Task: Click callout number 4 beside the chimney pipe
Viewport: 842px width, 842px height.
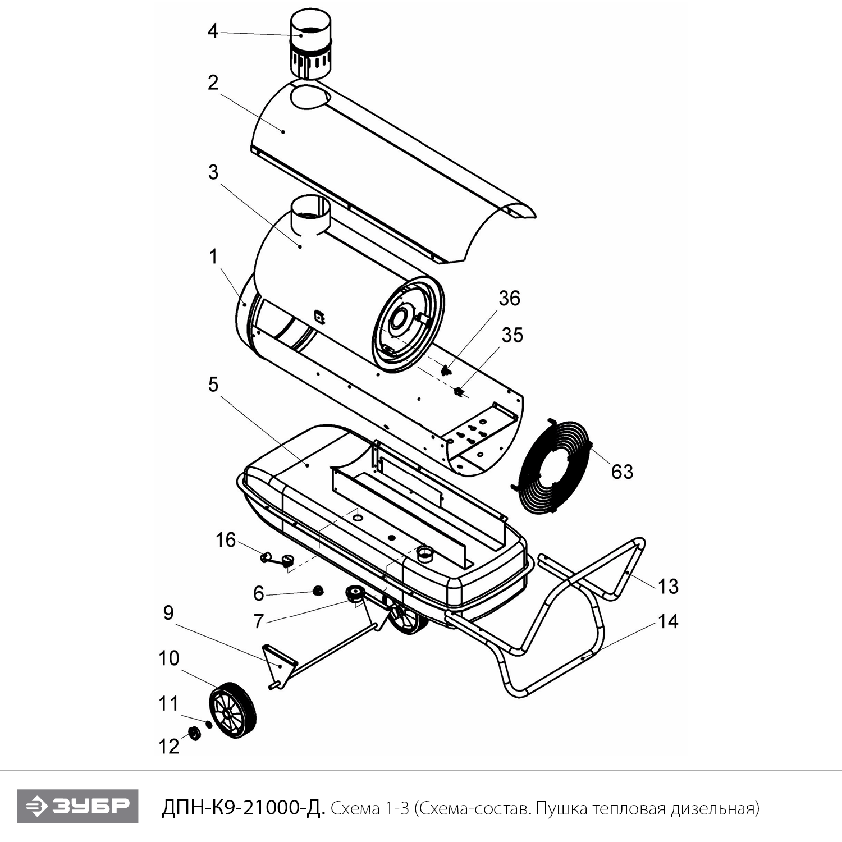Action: pos(213,30)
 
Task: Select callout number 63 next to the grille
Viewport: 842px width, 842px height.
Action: pos(622,472)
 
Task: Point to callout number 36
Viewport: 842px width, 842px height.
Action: pos(509,298)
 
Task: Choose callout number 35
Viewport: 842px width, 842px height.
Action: pos(512,335)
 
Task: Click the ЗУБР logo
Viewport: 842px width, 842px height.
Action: pos(77,807)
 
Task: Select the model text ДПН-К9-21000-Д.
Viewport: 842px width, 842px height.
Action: pos(243,808)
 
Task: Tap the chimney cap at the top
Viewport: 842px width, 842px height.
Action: pos(310,47)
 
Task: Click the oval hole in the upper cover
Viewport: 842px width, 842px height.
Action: pos(310,97)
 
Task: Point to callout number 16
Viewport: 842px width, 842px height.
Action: pos(226,540)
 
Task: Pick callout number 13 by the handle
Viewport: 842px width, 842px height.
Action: pos(668,587)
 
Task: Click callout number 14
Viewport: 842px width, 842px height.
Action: pos(668,621)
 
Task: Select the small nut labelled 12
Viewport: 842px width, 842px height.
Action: pos(194,733)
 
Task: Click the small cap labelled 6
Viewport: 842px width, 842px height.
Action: pos(318,590)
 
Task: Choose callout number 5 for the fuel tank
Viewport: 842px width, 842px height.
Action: pos(213,385)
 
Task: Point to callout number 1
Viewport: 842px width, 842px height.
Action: pos(213,257)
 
